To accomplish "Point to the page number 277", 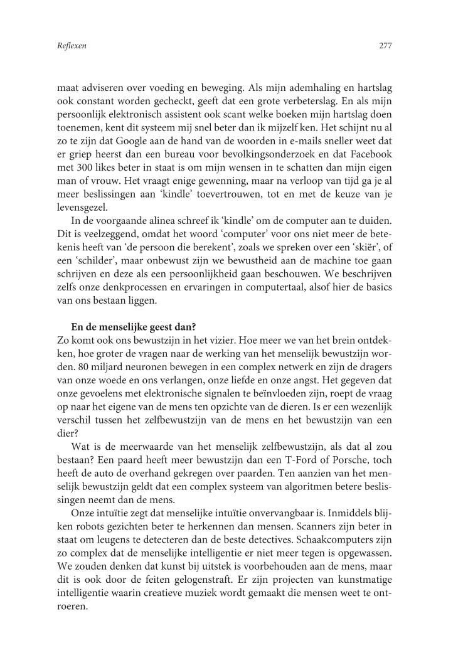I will (x=385, y=46).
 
